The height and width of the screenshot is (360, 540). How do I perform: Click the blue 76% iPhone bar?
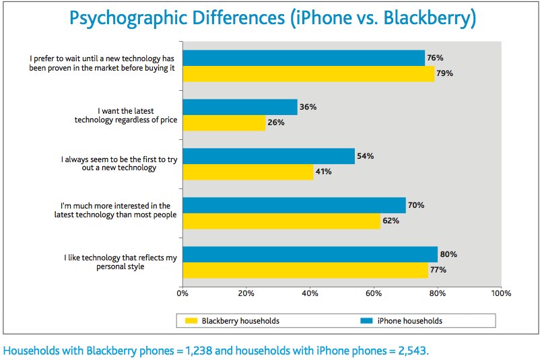pos(303,58)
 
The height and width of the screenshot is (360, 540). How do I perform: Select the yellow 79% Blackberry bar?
pos(308,73)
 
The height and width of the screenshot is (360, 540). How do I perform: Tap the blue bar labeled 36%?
pos(239,107)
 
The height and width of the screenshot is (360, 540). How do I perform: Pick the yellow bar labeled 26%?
pos(223,122)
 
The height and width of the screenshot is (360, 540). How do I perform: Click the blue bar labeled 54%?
pos(268,156)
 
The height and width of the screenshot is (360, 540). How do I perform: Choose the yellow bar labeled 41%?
pos(247,172)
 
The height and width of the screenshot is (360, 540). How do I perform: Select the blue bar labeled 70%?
pos(294,205)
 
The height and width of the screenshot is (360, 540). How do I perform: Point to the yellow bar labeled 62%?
pos(281,221)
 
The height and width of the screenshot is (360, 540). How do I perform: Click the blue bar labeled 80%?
pos(310,254)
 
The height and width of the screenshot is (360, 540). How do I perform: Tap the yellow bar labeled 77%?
pos(305,270)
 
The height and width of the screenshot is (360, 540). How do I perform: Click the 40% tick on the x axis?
pos(310,293)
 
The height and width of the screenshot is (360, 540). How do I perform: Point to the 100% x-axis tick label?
pos(501,293)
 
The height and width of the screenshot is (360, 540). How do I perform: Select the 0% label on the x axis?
pos(182,293)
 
